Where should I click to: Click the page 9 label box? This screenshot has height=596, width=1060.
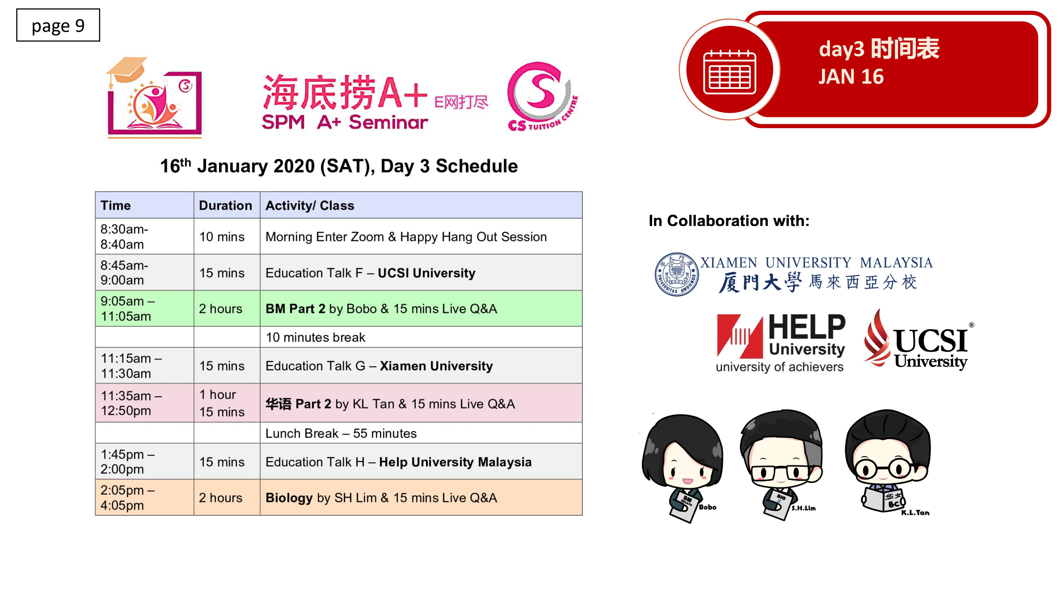coord(58,25)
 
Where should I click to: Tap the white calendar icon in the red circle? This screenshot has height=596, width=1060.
coord(730,72)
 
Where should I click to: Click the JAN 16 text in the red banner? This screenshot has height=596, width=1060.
coord(851,77)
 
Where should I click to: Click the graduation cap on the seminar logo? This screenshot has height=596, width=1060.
coord(126,70)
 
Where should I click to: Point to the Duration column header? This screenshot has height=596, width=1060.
coord(226,205)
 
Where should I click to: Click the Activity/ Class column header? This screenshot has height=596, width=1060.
coord(310,205)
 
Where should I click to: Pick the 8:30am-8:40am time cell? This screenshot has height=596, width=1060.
coord(144,237)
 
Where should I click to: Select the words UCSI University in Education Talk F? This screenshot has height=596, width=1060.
coord(426,273)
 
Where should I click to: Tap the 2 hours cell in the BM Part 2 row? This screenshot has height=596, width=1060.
coord(227,309)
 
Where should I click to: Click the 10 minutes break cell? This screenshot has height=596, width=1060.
coord(421,337)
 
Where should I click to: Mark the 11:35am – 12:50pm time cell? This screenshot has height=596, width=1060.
coord(144,403)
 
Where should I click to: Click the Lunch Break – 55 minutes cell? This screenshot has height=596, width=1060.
coord(421,433)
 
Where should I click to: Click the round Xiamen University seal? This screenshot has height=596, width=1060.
coord(677,274)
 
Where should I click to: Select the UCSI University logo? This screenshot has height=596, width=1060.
coord(918,340)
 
